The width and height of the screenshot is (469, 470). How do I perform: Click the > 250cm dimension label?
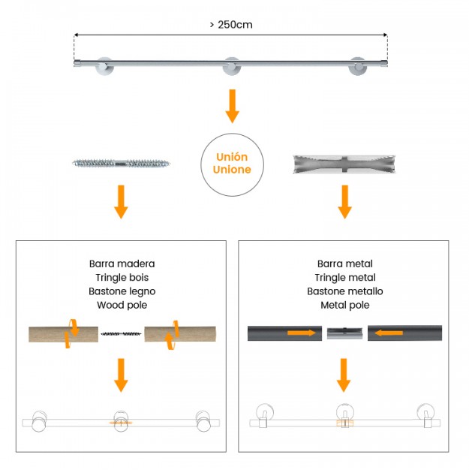231,25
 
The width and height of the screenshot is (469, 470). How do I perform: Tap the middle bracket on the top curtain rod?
231,66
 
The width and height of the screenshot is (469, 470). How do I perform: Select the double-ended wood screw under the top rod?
121,164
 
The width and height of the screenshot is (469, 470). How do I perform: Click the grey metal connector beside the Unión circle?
344,164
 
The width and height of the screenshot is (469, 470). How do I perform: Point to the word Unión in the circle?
232,157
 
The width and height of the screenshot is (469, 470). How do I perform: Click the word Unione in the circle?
232,170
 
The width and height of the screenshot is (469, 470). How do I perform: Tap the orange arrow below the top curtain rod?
233,106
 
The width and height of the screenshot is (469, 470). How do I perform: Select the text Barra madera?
122,264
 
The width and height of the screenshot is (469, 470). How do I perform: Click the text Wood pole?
122,305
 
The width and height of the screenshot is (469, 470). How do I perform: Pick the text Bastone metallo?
345,291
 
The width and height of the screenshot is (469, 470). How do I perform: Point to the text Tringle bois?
122,278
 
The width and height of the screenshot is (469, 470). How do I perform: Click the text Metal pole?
345,305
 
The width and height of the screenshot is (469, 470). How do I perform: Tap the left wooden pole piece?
64,334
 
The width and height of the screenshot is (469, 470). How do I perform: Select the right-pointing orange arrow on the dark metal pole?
302,333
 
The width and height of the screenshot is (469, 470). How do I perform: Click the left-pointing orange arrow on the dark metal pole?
389,333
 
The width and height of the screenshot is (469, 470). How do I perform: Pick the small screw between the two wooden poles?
121,333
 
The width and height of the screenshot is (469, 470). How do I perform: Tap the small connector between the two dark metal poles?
344,333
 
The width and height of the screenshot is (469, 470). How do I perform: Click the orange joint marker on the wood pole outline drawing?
121,423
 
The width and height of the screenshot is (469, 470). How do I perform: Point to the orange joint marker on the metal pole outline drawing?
345,423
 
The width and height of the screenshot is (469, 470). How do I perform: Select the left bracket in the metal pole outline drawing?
264,415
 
